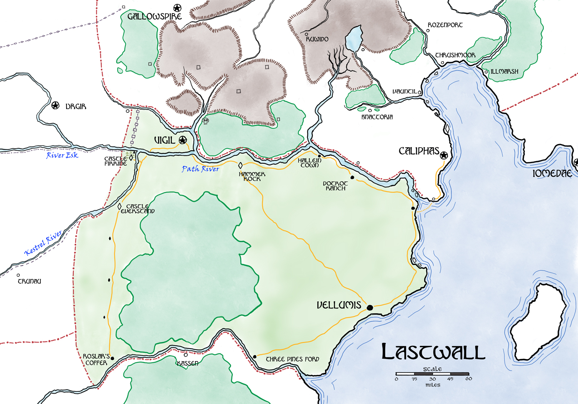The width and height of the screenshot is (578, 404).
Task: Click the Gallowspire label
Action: click(154, 17)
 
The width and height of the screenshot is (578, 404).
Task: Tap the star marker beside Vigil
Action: click(183, 140)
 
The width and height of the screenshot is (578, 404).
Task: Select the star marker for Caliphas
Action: click(444, 155)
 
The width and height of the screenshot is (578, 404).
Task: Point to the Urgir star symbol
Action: click(56, 105)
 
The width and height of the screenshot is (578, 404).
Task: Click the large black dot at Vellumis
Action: click(370, 308)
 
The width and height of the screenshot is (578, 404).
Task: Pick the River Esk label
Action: click(62, 155)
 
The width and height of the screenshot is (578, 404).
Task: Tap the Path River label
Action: click(200, 169)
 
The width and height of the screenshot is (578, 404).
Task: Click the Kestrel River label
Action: click(43, 243)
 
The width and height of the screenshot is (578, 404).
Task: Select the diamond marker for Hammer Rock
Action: click(241, 166)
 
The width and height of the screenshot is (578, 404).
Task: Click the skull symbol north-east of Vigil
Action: click(206, 121)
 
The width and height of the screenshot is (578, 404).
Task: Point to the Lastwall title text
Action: click(433, 352)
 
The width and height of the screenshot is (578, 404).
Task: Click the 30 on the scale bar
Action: click(433, 379)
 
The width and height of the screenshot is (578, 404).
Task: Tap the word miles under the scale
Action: click(433, 385)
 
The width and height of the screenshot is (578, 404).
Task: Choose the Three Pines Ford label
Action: click(292, 359)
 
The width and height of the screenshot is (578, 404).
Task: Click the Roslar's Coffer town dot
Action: click(112, 358)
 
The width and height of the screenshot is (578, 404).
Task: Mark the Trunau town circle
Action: click(18, 275)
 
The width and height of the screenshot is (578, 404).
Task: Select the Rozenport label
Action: click(445, 25)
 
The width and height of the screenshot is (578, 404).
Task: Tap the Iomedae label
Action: click(552, 174)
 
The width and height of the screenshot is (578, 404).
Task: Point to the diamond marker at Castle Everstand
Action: click(120, 206)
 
